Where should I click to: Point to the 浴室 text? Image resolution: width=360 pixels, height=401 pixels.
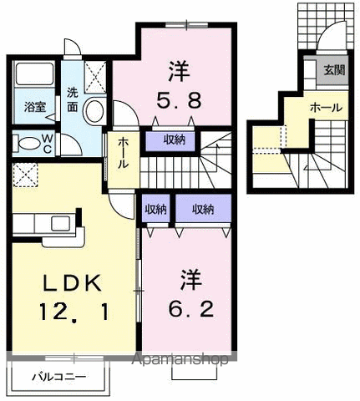coord(34,107)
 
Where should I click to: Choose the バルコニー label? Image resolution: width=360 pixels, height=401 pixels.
coord(59,377)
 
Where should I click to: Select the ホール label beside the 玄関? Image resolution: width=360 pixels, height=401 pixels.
coord(324,108)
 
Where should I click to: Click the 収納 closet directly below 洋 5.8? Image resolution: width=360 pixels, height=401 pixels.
coord(174,139)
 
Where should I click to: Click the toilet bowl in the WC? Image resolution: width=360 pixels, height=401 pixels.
coord(27,142)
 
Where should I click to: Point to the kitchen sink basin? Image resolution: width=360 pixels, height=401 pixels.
coord(61,223)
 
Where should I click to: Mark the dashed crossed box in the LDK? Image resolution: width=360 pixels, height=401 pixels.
coord(23,177)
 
